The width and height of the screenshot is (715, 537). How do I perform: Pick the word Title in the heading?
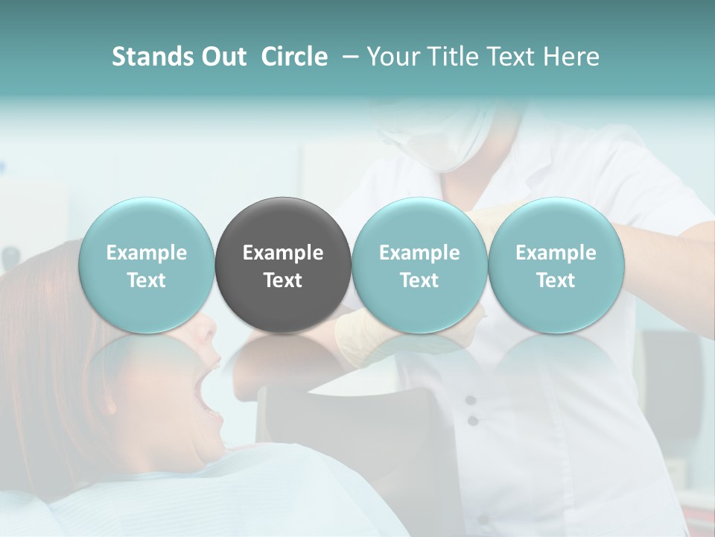pos(451,57)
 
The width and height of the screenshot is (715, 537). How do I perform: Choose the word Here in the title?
pos(570,57)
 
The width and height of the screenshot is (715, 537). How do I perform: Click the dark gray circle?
pos(283,265)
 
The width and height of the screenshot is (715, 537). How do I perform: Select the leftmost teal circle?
pos(147,265)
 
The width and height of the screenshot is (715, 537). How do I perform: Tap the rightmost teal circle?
pos(556,265)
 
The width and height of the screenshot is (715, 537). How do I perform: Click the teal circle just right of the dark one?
pos(419,265)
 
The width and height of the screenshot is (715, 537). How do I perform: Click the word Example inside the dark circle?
pos(283,253)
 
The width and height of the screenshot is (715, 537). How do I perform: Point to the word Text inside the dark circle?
pos(283,280)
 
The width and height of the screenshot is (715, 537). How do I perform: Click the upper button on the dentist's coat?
pos(470,401)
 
